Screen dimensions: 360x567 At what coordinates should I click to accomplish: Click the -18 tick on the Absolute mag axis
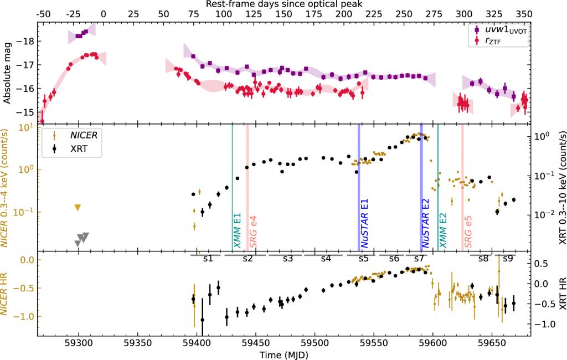[27, 42]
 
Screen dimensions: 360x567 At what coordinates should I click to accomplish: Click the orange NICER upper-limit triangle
[78, 208]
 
